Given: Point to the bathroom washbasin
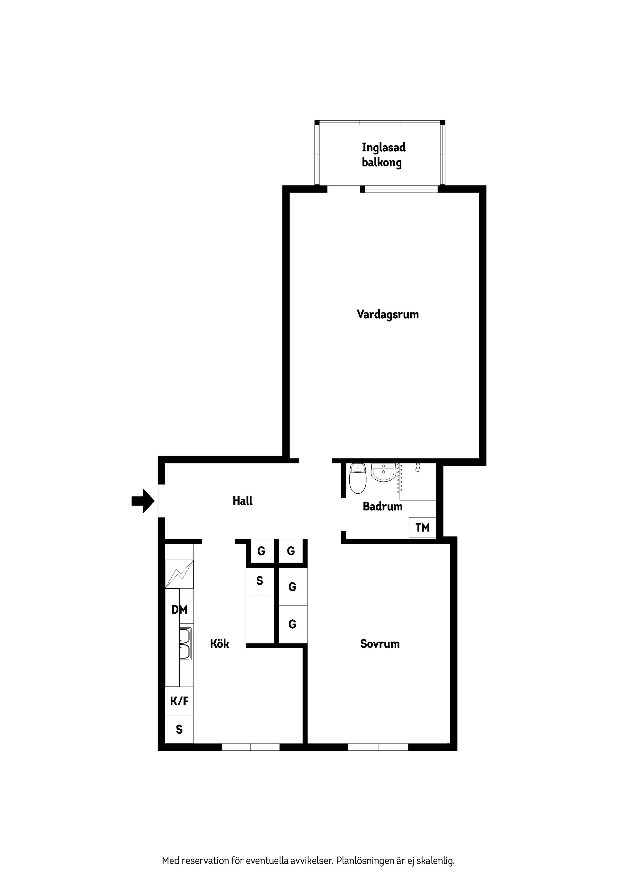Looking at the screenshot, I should pos(383,473).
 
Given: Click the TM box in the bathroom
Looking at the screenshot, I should pos(422,527).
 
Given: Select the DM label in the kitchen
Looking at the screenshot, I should pos(179,609).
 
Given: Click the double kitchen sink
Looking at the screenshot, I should pos(185,644).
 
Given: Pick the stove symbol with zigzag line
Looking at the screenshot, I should pos(179,574).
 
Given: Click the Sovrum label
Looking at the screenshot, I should pos(380,644).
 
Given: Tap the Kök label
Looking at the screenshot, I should pos(219,644).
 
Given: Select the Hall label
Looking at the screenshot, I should pos(243,501).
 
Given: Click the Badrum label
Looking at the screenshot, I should pos(382,507).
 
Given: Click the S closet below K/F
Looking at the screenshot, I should pos(179,729).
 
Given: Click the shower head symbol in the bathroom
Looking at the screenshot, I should pos(418,467).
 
